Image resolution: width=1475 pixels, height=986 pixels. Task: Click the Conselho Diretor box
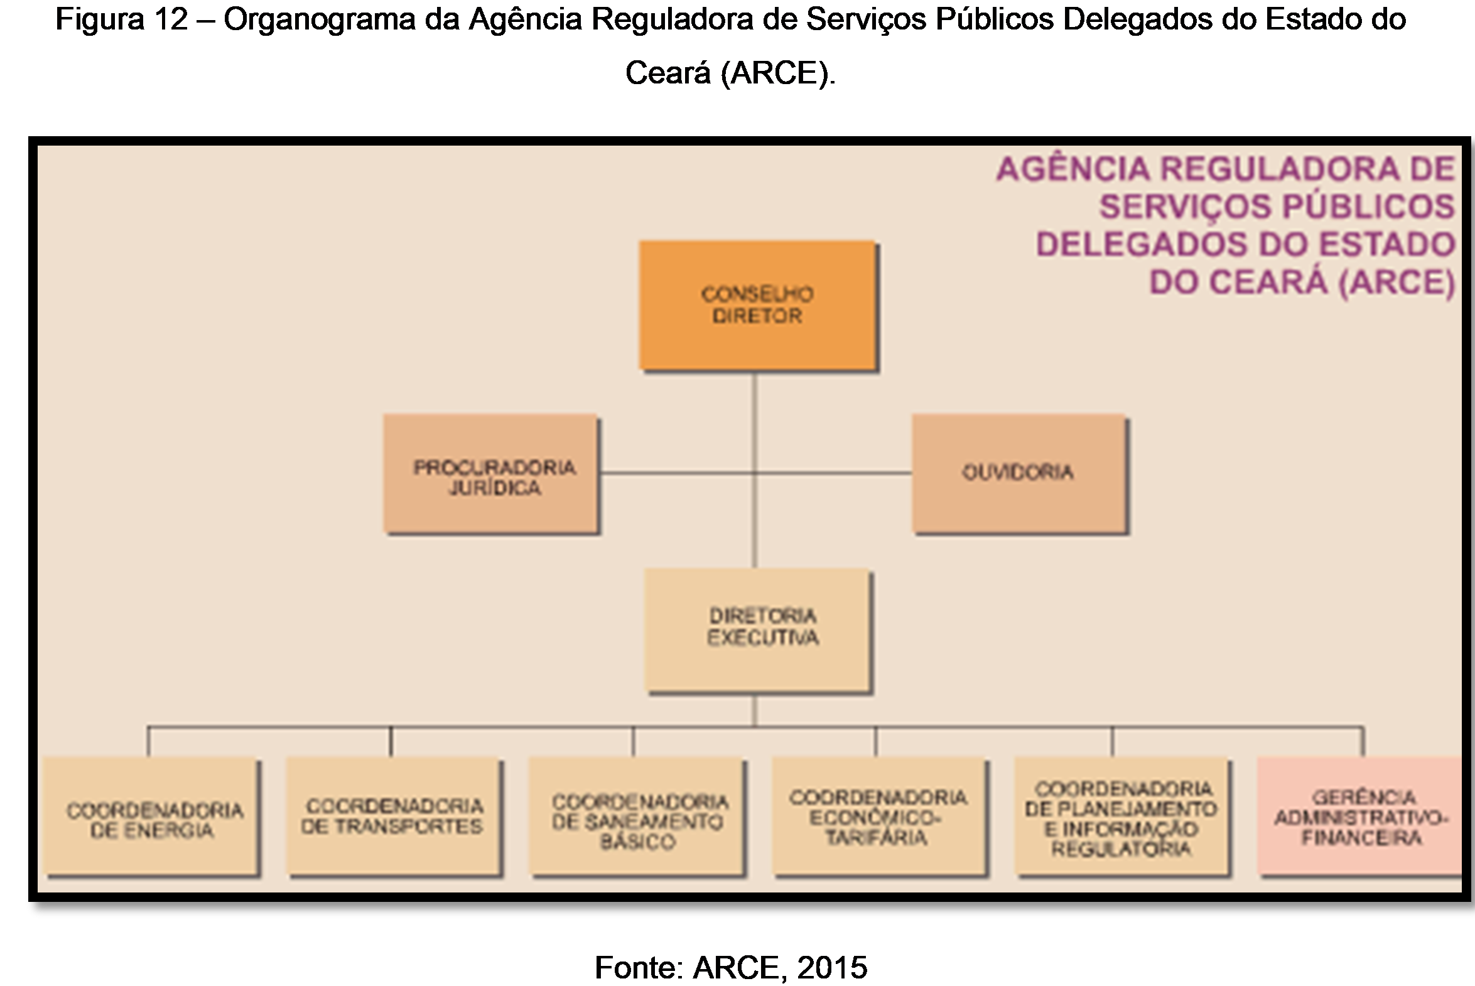(x=757, y=305)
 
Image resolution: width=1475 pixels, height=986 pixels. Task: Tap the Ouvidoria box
(x=1018, y=473)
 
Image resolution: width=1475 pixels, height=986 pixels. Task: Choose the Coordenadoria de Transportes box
(x=394, y=815)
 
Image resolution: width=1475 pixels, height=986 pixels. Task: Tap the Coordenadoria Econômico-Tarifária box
(x=878, y=815)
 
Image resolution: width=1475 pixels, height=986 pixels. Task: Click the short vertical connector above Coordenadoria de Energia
(x=148, y=741)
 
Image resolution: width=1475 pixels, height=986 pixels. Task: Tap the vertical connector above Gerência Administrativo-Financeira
(x=1363, y=741)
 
